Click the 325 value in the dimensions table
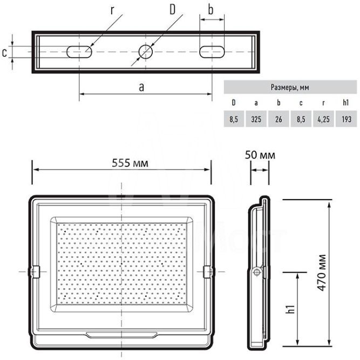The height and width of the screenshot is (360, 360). tap(256, 119)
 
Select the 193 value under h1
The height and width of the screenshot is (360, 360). tap(346, 119)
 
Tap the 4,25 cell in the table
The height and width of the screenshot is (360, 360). tap(323, 119)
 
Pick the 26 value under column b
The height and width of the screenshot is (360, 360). tap(279, 119)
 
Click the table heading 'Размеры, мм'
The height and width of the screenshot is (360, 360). tap(290, 87)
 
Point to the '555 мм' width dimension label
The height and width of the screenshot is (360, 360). tap(130, 163)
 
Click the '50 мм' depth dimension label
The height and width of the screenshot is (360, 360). tap(260, 155)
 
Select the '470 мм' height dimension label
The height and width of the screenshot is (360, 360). tap(322, 273)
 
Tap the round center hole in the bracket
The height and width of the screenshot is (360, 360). tap(146, 52)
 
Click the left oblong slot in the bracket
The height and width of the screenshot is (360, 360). tap(79, 52)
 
